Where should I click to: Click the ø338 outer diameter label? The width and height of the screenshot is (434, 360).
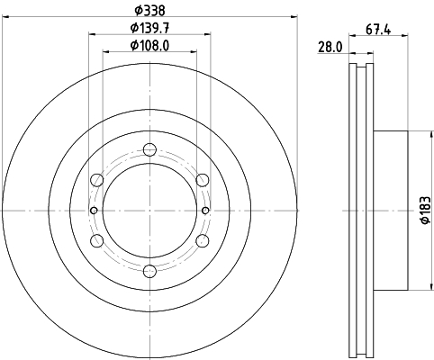[x=150, y=11]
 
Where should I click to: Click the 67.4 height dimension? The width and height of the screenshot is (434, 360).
[x=378, y=28]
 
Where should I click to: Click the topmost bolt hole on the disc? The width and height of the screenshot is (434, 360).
[x=150, y=150]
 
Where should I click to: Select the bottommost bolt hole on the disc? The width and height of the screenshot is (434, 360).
[x=150, y=271]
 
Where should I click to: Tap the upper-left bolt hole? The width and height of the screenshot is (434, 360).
[x=98, y=180]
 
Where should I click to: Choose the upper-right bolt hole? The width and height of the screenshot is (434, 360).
[x=203, y=180]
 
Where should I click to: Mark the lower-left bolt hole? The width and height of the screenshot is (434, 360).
[x=98, y=240]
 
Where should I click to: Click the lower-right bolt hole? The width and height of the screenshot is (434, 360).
[x=203, y=240]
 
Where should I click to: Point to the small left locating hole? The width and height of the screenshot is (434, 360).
[x=95, y=211]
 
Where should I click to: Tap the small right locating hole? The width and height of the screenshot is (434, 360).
[x=206, y=211]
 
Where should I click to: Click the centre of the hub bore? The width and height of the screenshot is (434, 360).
[x=150, y=211]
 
